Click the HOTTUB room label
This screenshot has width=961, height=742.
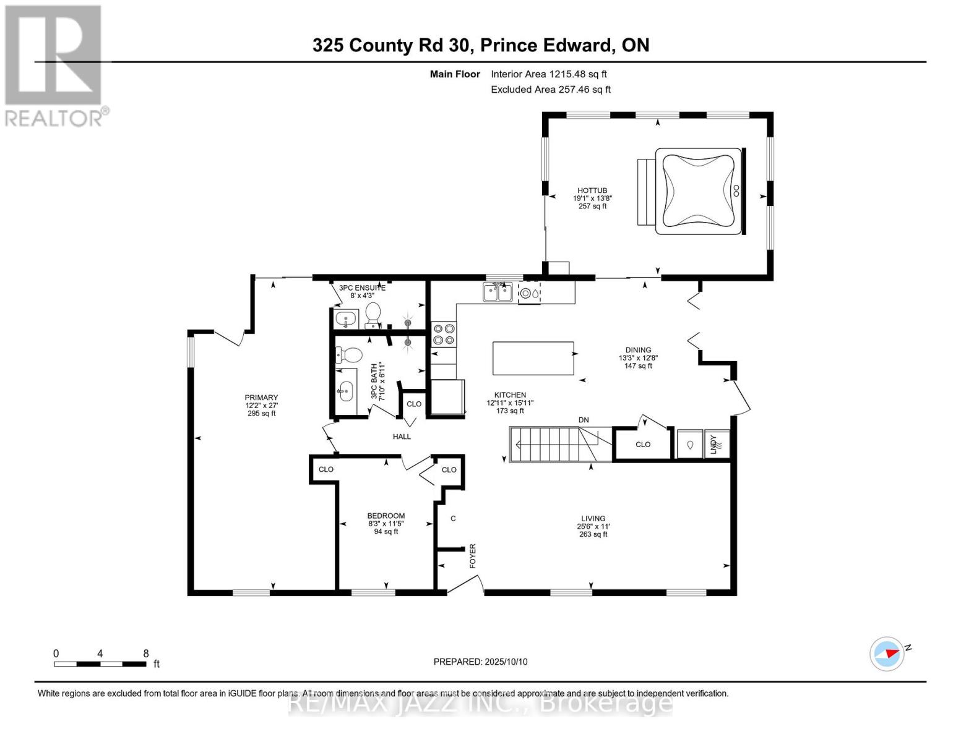coord(592,191)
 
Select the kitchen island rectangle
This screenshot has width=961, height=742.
coord(533,358)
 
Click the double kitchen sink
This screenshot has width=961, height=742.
coord(498,292)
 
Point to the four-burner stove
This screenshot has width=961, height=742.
coord(444,334)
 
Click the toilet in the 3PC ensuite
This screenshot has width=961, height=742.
coord(373,315)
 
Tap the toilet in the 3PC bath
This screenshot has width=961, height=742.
coord(350,355)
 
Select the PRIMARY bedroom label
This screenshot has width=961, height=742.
coord(261,398)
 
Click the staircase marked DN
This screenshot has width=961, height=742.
coord(551,444)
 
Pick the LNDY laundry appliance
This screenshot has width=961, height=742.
coord(717,444)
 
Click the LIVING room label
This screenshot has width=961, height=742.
coord(593,519)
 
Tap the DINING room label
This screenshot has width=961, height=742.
coord(638,350)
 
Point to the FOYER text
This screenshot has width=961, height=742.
coord(473,556)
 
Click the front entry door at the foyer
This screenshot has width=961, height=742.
coord(465,584)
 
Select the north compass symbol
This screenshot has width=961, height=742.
coord(887,654)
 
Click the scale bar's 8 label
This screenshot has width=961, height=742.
coord(146,654)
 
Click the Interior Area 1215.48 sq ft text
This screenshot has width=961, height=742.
coord(548,74)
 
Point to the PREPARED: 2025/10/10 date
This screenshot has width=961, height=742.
coord(480,662)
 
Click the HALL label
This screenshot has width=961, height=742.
coord(402,437)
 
